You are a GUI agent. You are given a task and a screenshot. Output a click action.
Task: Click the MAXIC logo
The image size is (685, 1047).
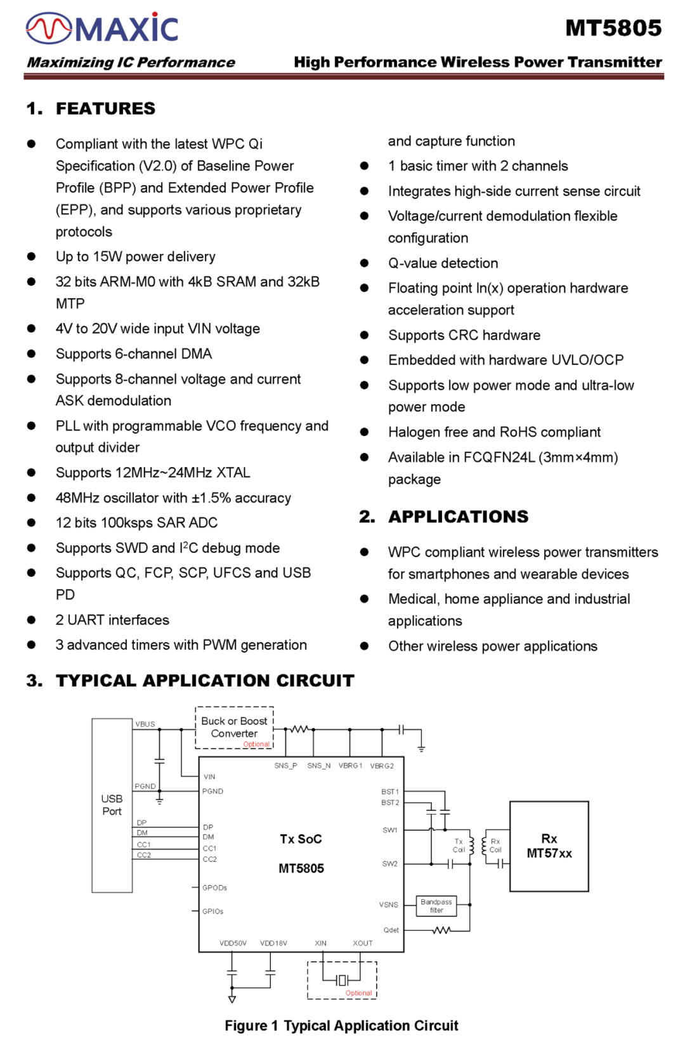tap(102, 29)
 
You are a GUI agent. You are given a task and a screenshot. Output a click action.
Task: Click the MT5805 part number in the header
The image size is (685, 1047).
tap(613, 29)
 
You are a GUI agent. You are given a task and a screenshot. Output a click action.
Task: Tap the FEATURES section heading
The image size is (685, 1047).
tap(105, 109)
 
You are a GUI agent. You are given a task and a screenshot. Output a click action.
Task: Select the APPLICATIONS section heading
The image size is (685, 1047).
tap(458, 517)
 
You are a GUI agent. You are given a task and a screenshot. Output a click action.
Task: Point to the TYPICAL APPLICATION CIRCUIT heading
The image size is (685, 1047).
tap(204, 681)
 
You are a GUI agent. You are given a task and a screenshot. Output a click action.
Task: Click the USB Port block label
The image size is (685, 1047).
tap(112, 805)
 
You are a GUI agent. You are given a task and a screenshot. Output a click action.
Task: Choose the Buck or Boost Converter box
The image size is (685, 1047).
tap(234, 727)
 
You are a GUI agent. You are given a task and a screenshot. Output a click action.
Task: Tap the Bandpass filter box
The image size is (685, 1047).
tap(436, 905)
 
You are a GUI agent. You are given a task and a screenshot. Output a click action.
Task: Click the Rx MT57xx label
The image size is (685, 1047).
tap(549, 846)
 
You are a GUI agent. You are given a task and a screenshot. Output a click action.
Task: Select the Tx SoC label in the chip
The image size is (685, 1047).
tap(301, 839)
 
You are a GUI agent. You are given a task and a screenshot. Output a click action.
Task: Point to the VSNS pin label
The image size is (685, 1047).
tap(388, 905)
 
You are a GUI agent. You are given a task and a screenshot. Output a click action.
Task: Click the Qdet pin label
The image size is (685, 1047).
tap(391, 930)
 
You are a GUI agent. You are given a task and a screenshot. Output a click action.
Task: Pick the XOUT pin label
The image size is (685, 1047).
tap(363, 943)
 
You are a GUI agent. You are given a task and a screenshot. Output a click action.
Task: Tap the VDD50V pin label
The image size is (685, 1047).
tap(233, 943)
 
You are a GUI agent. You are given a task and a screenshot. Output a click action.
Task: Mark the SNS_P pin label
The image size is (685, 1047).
tap(285, 766)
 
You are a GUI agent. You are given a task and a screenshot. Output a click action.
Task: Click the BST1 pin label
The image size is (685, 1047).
tap(390, 792)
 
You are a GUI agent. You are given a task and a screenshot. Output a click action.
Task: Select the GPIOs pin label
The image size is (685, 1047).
tap(212, 911)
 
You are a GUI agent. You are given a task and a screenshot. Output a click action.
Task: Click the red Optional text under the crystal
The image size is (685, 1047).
tap(358, 993)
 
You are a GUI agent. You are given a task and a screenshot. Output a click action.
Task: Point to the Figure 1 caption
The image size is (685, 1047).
tap(341, 1025)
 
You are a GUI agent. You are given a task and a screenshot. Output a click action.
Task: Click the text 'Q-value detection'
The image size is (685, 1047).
tap(443, 263)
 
